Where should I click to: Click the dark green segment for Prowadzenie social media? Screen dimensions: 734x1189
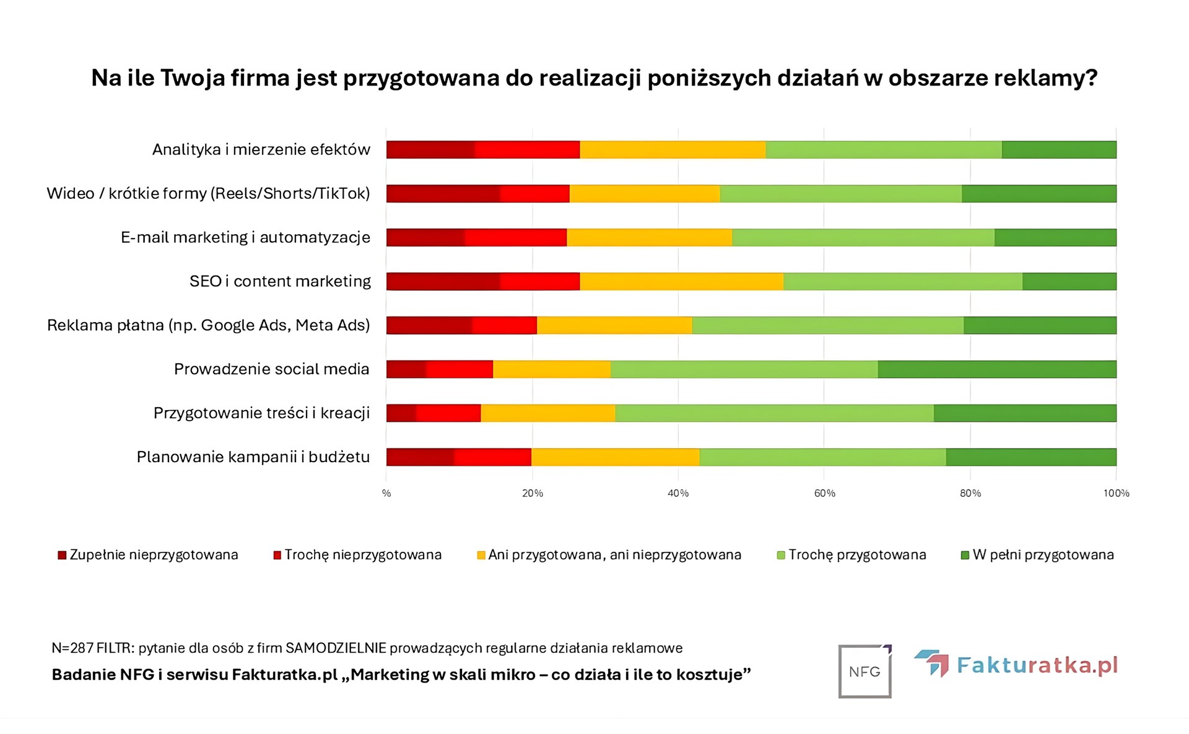click(x=996, y=369)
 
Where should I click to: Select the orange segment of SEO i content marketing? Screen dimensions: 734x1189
click(x=681, y=281)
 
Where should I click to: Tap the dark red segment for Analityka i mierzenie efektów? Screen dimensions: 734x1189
click(x=430, y=150)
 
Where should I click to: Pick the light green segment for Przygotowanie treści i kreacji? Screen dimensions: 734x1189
click(x=774, y=413)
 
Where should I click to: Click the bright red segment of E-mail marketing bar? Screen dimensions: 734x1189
click(x=515, y=237)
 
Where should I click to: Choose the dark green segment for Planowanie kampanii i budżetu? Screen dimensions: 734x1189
click(x=1030, y=457)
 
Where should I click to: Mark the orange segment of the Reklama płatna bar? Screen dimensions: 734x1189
click(x=614, y=325)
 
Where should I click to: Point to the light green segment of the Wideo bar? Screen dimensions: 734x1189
click(x=840, y=194)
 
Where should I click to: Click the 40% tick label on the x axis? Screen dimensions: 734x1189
click(x=678, y=493)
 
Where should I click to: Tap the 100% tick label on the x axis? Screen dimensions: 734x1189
click(x=1116, y=493)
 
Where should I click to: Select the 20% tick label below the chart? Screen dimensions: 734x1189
click(x=533, y=493)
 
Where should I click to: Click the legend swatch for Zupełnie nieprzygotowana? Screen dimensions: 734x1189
click(x=62, y=555)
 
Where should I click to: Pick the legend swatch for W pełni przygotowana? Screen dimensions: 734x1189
click(x=964, y=555)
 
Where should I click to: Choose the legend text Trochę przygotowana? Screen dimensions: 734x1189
click(x=857, y=555)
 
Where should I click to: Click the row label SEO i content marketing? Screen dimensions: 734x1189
click(x=280, y=281)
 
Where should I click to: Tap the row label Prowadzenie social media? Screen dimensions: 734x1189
click(x=271, y=369)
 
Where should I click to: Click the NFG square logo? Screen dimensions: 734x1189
click(x=865, y=671)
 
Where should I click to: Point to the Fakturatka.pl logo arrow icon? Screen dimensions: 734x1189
click(x=932, y=663)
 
